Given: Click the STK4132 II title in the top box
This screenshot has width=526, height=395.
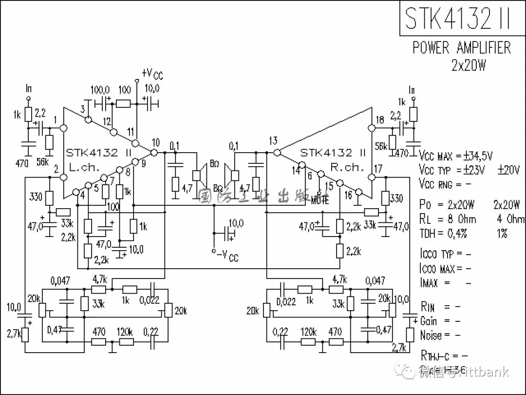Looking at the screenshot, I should (458, 18).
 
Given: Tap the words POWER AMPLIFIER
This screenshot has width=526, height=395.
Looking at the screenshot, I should (462, 48).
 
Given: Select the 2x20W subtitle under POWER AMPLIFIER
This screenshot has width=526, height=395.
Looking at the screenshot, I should (469, 65).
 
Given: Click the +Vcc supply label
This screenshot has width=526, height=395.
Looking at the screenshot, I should (152, 74).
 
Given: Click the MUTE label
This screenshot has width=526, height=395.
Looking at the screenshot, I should (319, 200).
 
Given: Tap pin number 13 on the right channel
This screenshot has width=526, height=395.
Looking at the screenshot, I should (273, 141).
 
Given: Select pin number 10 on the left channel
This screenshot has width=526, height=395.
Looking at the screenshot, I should (155, 142).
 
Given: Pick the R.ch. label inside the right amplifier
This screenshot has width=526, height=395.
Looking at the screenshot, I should (347, 167).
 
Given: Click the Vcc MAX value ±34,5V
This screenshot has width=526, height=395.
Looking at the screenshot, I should (475, 156).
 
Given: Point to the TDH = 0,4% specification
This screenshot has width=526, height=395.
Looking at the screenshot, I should (443, 234).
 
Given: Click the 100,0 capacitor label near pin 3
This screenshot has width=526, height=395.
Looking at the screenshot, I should (100, 90).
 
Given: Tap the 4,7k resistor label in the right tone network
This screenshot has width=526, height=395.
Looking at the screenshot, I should (339, 279).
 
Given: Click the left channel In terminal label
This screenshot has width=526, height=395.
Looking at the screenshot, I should (29, 89).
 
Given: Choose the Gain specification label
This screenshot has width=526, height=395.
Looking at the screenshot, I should (429, 321).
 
